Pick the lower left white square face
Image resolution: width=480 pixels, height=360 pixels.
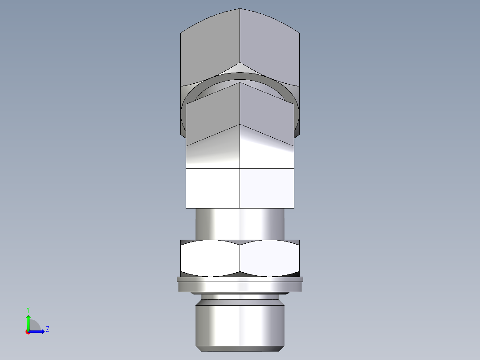(x=213, y=188)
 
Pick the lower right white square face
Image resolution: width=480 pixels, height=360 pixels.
(x=267, y=188)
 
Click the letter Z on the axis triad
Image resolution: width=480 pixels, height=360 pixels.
(x=47, y=329)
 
